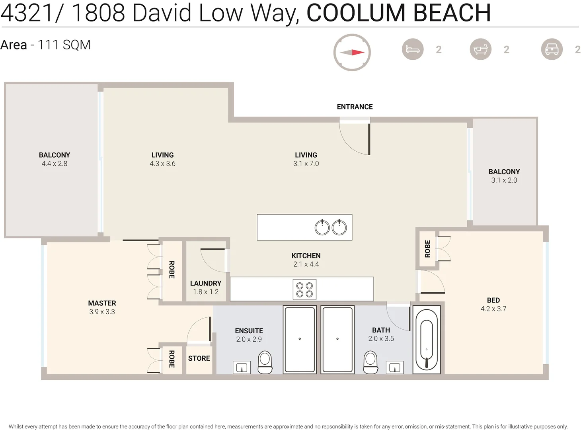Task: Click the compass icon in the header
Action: point(352,52)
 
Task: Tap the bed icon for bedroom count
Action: point(412,49)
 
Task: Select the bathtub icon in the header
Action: point(480,49)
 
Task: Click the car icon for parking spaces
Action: point(552,49)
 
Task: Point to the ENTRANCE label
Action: point(355,107)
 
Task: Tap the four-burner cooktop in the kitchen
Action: point(304,289)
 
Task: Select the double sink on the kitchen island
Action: point(330,227)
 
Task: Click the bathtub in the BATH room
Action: point(426,340)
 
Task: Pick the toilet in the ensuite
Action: point(265,362)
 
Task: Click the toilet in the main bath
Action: point(370,362)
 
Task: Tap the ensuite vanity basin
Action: point(242,367)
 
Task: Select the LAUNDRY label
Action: point(205,283)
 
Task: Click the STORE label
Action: point(199,358)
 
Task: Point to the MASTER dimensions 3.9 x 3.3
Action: point(102,312)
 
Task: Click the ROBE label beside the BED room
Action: point(427,249)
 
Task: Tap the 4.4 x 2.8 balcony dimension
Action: point(55,164)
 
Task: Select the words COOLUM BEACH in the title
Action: point(398,13)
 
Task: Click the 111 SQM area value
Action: point(64,45)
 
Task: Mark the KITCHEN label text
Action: point(306,256)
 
